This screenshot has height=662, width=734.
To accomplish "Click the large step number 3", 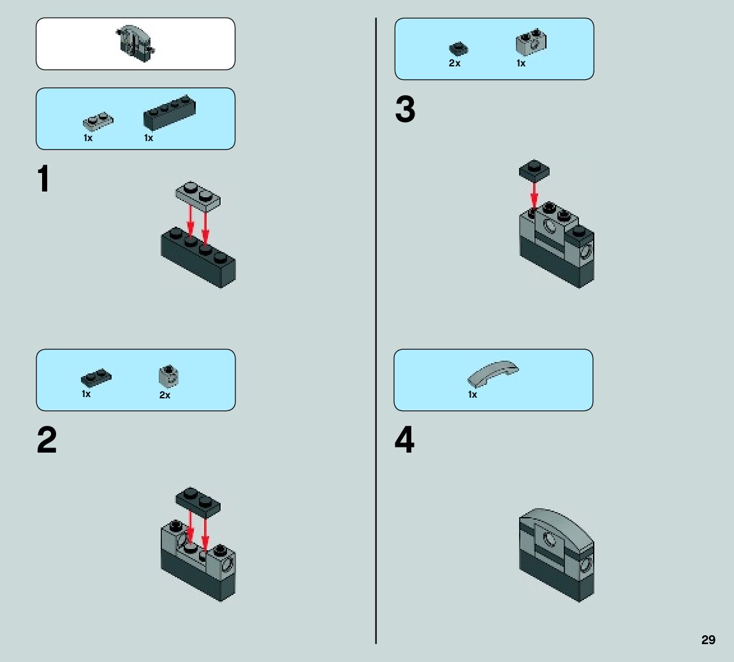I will pyautogui.click(x=405, y=110).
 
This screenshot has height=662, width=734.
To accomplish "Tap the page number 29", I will pyautogui.click(x=708, y=640).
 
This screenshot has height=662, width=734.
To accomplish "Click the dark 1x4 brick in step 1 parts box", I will pyautogui.click(x=170, y=114).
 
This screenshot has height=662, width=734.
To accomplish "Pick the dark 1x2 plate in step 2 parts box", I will pyautogui.click(x=96, y=377).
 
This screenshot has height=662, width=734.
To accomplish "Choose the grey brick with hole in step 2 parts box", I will pyautogui.click(x=168, y=377).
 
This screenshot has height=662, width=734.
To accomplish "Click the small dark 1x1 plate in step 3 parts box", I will pyautogui.click(x=457, y=48).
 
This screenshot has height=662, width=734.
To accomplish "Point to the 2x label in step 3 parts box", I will pyautogui.click(x=454, y=64).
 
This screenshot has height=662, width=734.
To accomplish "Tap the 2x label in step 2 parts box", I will pyautogui.click(x=165, y=395).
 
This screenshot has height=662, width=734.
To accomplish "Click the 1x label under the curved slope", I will pyautogui.click(x=473, y=395).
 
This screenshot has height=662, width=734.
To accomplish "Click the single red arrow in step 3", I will pyautogui.click(x=534, y=193).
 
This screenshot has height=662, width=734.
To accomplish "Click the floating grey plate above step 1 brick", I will pyautogui.click(x=199, y=195).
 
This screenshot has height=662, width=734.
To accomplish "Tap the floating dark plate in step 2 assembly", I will pyautogui.click(x=198, y=500).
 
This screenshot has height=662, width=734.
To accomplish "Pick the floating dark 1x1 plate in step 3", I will pyautogui.click(x=534, y=170).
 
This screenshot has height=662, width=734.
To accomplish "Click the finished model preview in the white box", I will pyautogui.click(x=136, y=42).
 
